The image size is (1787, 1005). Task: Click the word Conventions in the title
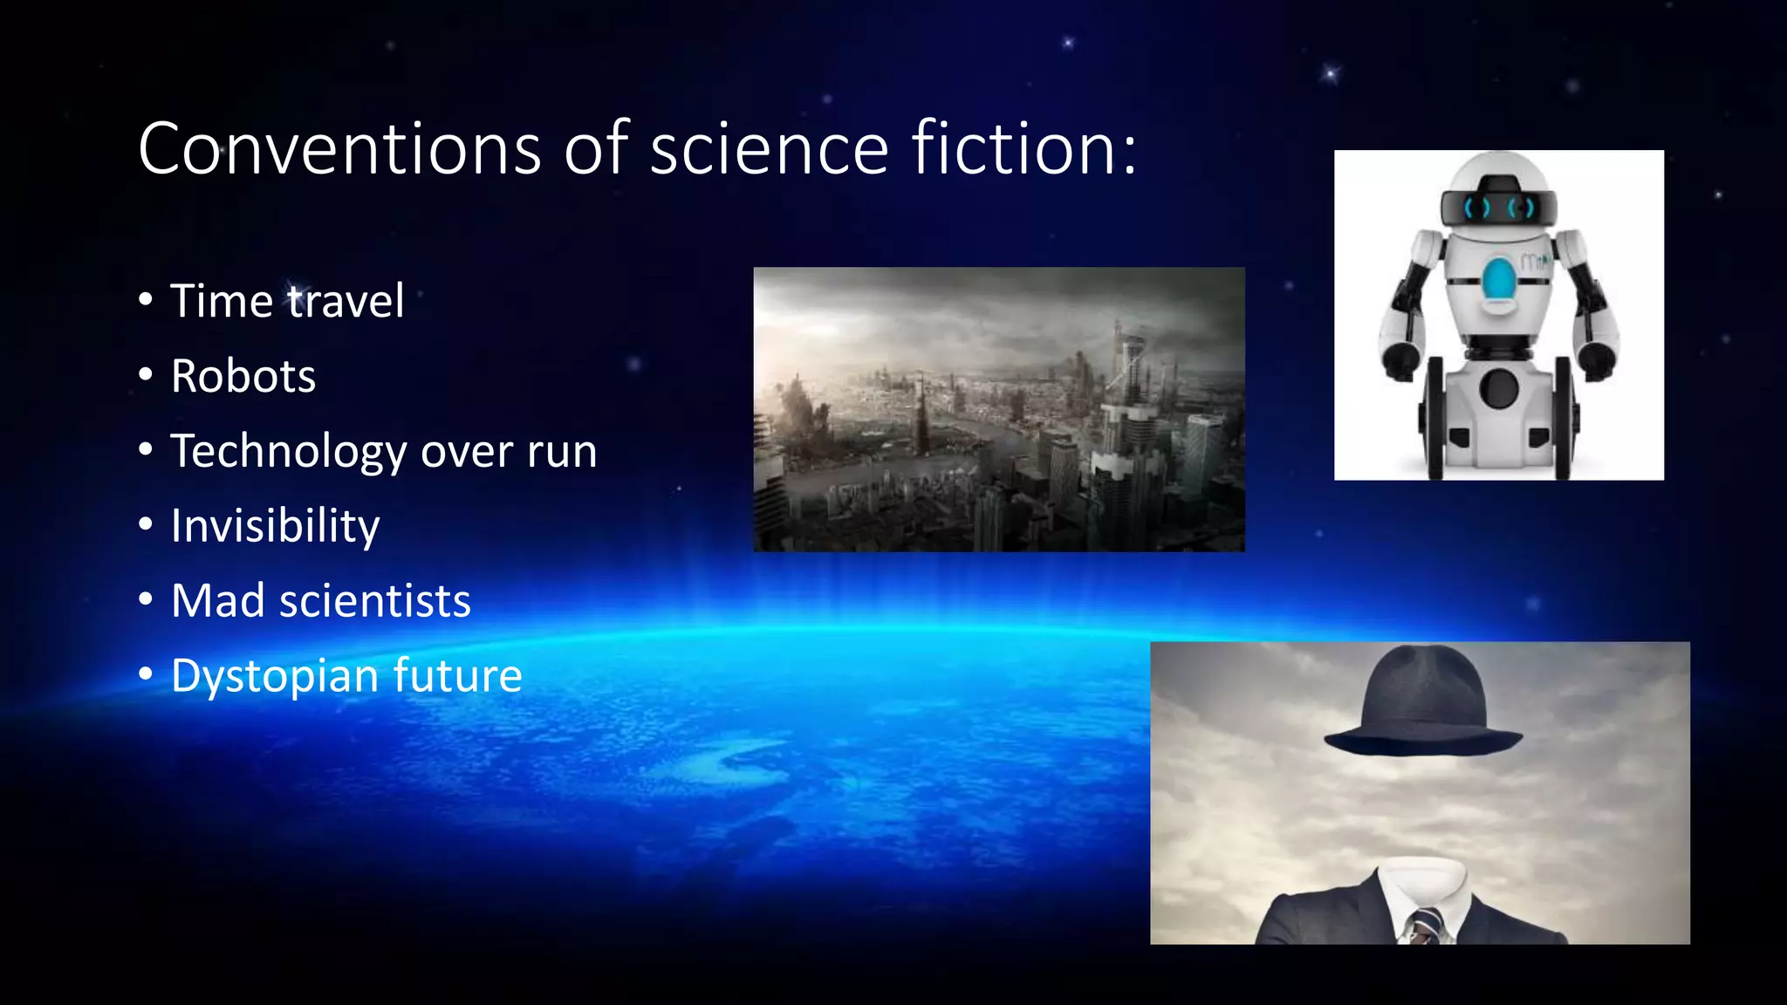tap(339, 149)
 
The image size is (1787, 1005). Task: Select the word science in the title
tap(769, 149)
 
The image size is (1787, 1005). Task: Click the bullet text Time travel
tap(287, 301)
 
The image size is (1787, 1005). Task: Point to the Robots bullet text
tap(243, 376)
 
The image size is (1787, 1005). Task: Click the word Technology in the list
tap(289, 451)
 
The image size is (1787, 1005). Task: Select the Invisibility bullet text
tap(275, 526)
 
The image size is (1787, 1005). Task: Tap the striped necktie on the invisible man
tap(1426, 925)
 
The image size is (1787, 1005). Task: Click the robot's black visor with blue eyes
tap(1498, 208)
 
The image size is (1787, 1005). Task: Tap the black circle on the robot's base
tap(1499, 388)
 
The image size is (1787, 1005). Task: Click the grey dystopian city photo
tap(999, 409)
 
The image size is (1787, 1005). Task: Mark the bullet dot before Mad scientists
tap(146, 600)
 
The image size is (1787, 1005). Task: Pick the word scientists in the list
tap(375, 601)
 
